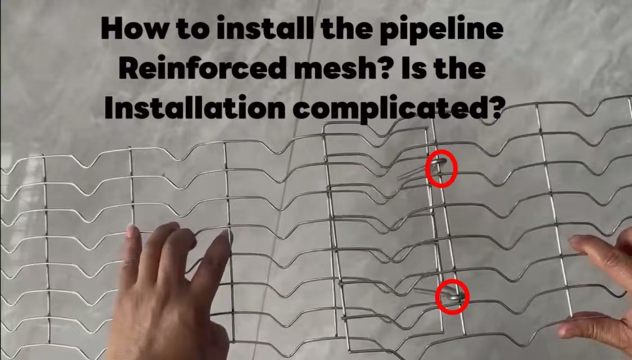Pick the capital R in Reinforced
coord(130,68)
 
